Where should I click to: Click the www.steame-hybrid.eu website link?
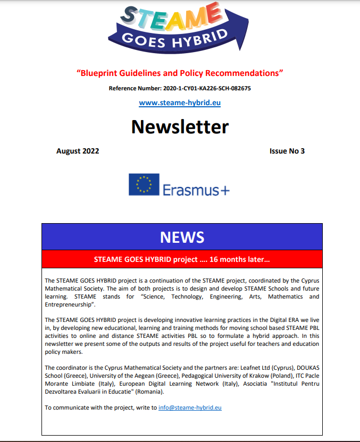click(x=180, y=103)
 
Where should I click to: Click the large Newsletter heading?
click(x=180, y=127)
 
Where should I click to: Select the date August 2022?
click(x=78, y=151)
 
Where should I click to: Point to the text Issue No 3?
click(x=287, y=151)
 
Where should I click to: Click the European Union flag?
click(x=144, y=184)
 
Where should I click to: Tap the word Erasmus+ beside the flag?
click(x=196, y=190)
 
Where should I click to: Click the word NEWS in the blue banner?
click(x=182, y=236)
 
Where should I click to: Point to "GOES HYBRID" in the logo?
click(x=175, y=39)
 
